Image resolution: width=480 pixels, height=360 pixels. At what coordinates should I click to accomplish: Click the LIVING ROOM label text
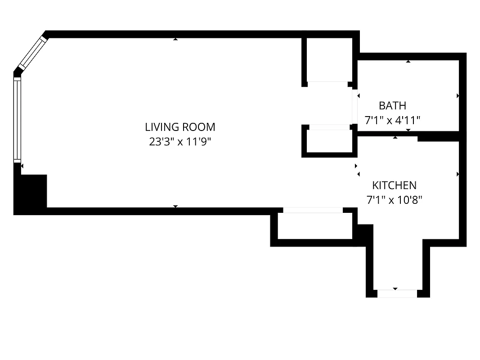(x=180, y=127)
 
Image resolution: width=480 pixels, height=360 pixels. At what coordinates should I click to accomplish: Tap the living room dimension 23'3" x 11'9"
(x=180, y=142)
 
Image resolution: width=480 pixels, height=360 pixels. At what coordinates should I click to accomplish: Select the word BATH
(x=392, y=106)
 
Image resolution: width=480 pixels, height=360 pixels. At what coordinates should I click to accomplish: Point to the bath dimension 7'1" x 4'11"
(x=392, y=120)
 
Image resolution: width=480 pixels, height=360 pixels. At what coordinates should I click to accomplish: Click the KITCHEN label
(x=394, y=185)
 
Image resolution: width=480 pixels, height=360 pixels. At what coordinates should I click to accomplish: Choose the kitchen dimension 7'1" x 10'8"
(x=394, y=199)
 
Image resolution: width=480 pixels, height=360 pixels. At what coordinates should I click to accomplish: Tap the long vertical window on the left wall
(x=17, y=120)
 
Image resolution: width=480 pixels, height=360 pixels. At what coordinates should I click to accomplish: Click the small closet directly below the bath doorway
(x=329, y=141)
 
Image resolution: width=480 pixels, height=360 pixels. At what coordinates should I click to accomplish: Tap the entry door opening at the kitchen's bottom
(x=397, y=293)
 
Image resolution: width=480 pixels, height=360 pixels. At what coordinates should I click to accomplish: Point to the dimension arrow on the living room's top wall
(x=175, y=39)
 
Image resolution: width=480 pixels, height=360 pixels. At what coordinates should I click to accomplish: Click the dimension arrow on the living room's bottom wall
(x=175, y=206)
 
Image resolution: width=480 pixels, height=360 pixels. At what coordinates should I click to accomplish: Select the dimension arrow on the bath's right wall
(x=458, y=96)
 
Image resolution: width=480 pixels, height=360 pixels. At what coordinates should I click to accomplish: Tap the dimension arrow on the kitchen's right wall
(x=458, y=174)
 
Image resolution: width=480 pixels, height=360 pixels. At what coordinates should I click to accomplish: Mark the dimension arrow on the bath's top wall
(x=408, y=61)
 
